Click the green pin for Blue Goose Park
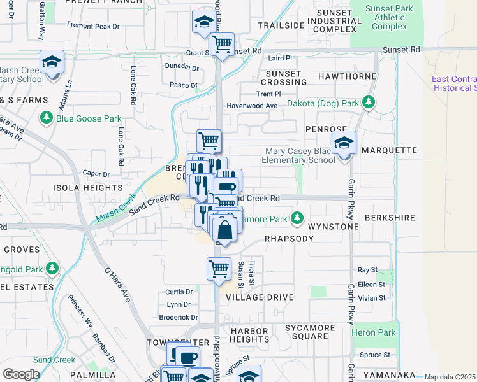point(46,118)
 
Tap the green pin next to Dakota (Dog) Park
point(368,103)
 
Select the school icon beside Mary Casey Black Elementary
point(344,144)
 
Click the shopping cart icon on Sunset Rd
point(222,45)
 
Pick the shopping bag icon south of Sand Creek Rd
point(224,229)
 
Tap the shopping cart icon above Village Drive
point(219,269)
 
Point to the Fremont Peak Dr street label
point(93,25)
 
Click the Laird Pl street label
point(280,58)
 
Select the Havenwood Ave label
point(253,106)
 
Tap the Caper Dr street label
point(96,174)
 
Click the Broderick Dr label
point(178,317)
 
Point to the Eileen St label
point(372,284)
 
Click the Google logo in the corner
point(21,374)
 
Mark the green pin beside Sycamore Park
point(297,218)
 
